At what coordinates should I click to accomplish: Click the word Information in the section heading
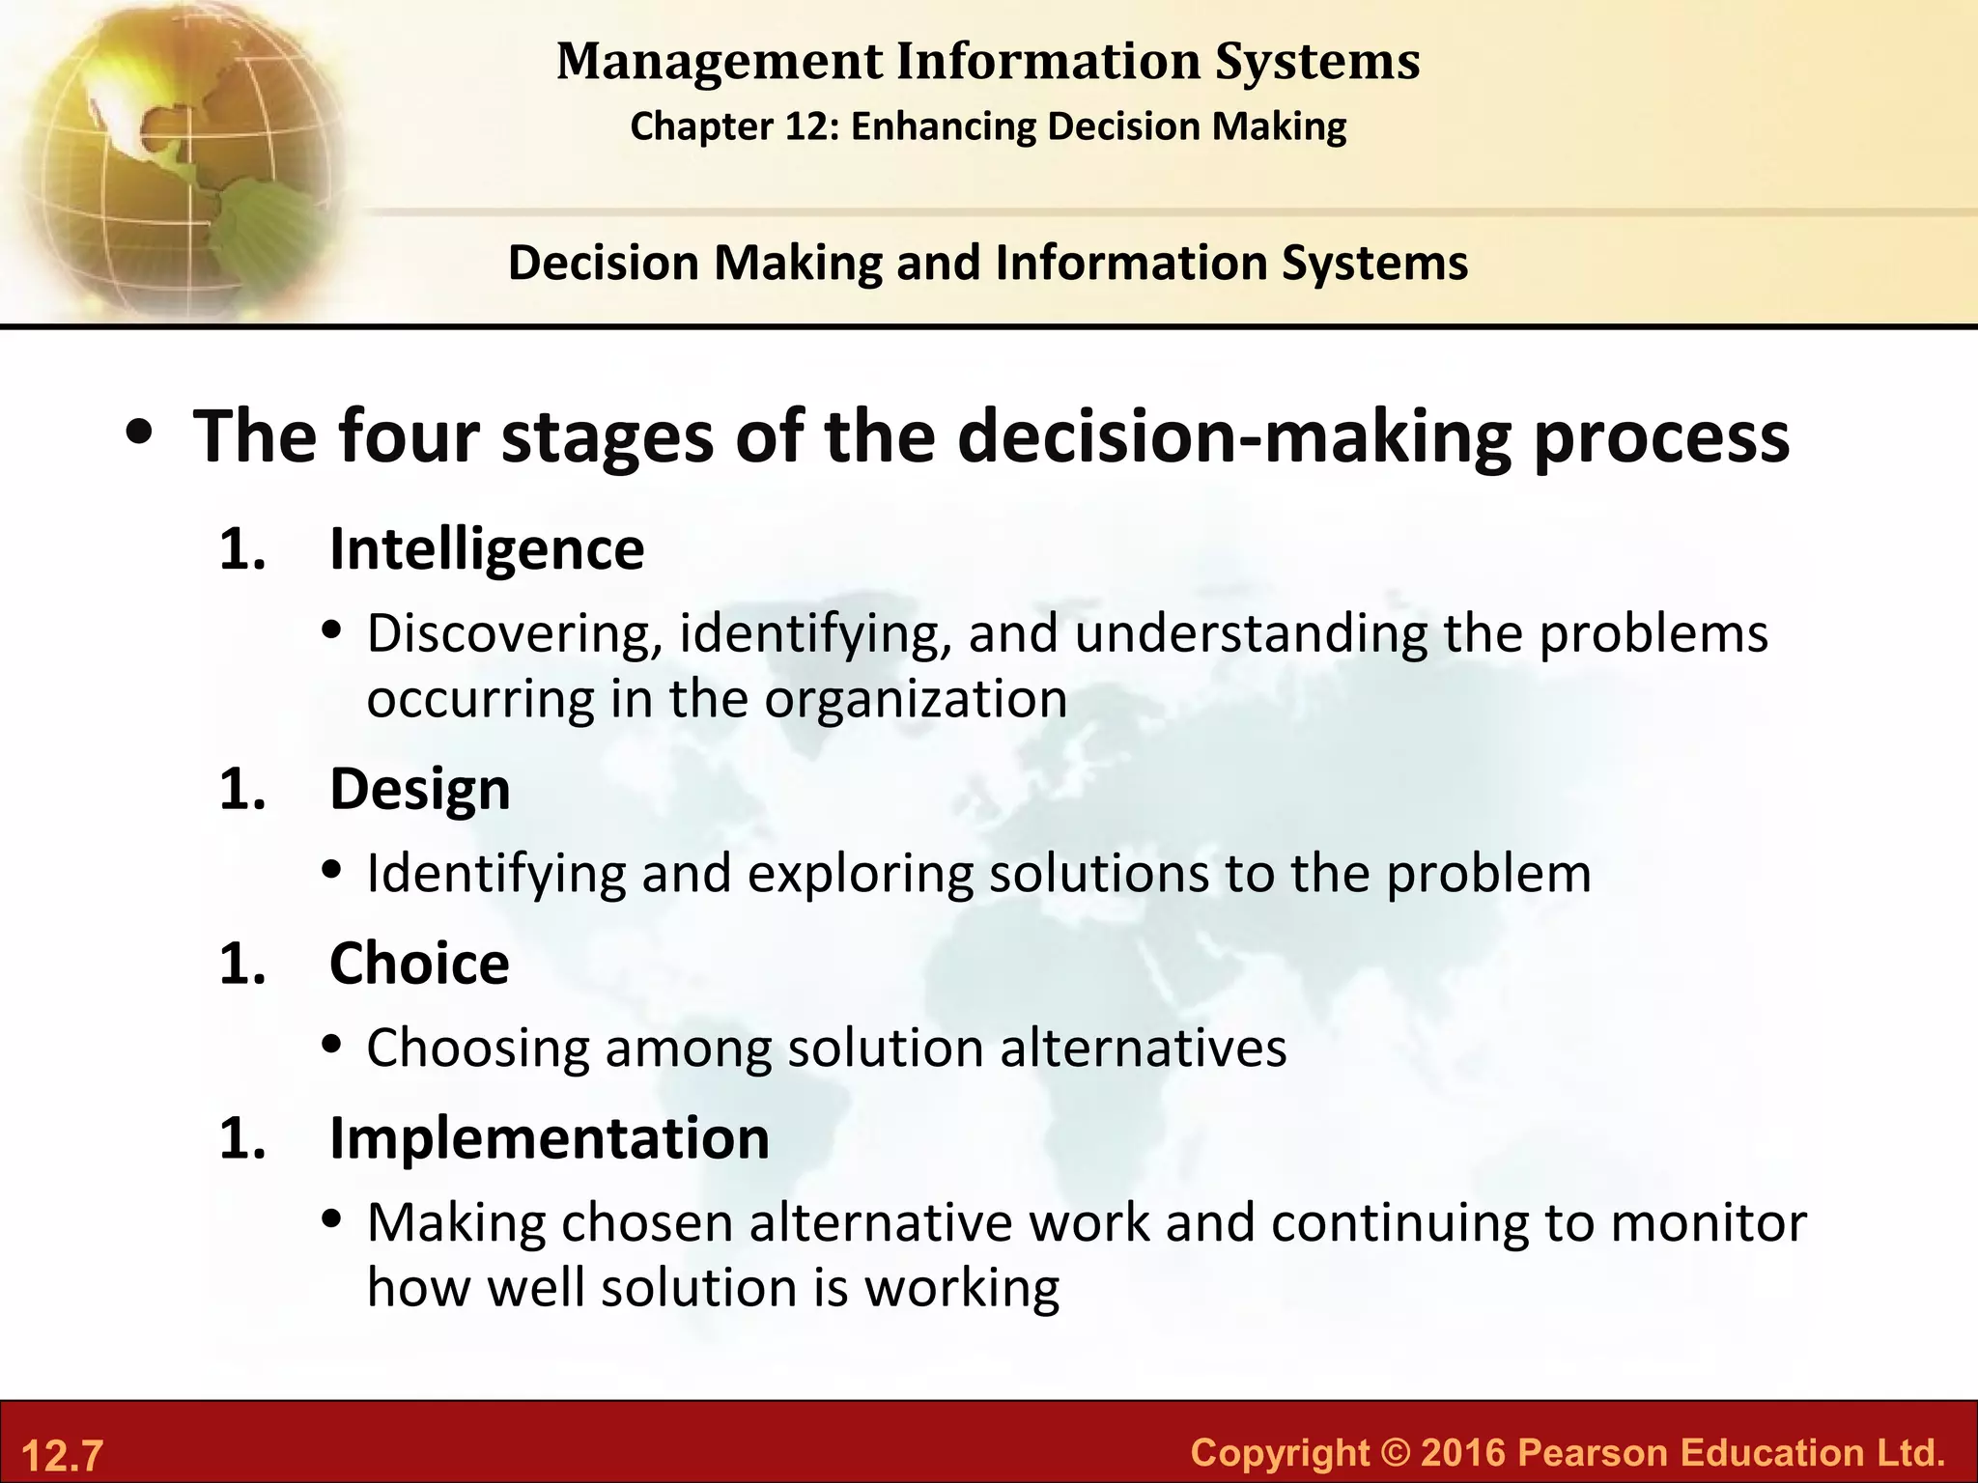[x=1130, y=263]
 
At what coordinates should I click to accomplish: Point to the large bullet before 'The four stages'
[x=141, y=434]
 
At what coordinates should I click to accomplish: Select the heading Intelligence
[x=487, y=549]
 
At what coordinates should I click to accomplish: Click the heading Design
[x=419, y=789]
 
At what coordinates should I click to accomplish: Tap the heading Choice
[x=419, y=964]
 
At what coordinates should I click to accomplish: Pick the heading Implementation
[x=550, y=1138]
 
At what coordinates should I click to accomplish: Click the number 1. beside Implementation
[x=242, y=1138]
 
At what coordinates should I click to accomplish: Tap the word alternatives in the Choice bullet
[x=1143, y=1049]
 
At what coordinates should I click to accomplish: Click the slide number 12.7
[x=62, y=1455]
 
